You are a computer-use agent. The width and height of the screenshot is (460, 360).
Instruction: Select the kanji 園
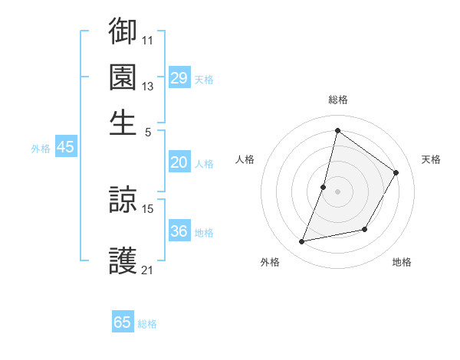(123, 77)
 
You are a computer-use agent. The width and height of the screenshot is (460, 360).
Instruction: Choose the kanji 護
(123, 261)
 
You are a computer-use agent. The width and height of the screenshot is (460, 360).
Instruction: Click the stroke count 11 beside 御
(148, 40)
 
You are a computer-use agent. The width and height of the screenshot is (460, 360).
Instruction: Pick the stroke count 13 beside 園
(148, 87)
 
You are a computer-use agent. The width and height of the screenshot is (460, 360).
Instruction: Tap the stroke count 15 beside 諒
(148, 208)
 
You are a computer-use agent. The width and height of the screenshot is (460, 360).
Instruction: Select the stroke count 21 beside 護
(148, 270)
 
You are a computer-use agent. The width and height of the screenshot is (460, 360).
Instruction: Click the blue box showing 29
(179, 78)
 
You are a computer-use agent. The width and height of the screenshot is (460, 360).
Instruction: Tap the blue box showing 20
(179, 162)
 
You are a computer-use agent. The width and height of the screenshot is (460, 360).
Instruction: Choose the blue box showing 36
(179, 231)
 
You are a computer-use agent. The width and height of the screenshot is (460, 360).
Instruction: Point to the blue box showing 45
(65, 148)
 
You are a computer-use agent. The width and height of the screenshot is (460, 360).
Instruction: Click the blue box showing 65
(123, 322)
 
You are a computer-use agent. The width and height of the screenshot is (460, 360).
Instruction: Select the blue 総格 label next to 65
(147, 324)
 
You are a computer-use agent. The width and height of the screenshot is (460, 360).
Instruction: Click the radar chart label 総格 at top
(337, 100)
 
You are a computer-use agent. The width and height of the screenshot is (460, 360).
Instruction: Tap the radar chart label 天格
(431, 159)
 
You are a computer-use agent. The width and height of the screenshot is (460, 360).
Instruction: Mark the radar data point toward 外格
(302, 242)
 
